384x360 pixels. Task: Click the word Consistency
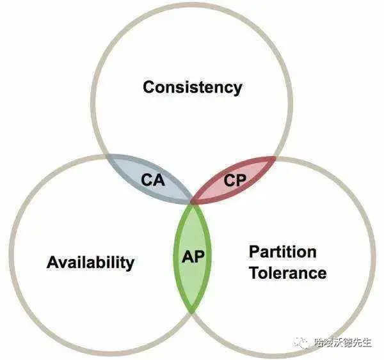tap(192, 87)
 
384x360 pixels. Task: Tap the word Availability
tap(90, 262)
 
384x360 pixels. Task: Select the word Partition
tap(282, 251)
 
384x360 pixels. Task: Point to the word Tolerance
tap(287, 273)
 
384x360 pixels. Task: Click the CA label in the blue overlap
tap(152, 180)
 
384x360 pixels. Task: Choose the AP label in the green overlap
tap(193, 258)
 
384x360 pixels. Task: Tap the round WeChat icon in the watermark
tap(300, 342)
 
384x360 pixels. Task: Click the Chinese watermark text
tap(343, 342)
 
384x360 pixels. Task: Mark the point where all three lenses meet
tap(193, 203)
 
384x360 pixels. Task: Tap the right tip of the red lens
tap(276, 157)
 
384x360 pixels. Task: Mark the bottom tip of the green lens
tap(193, 311)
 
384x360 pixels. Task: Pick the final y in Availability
tap(130, 264)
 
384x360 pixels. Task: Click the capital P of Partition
tap(254, 251)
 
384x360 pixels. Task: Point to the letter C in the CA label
tap(147, 180)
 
